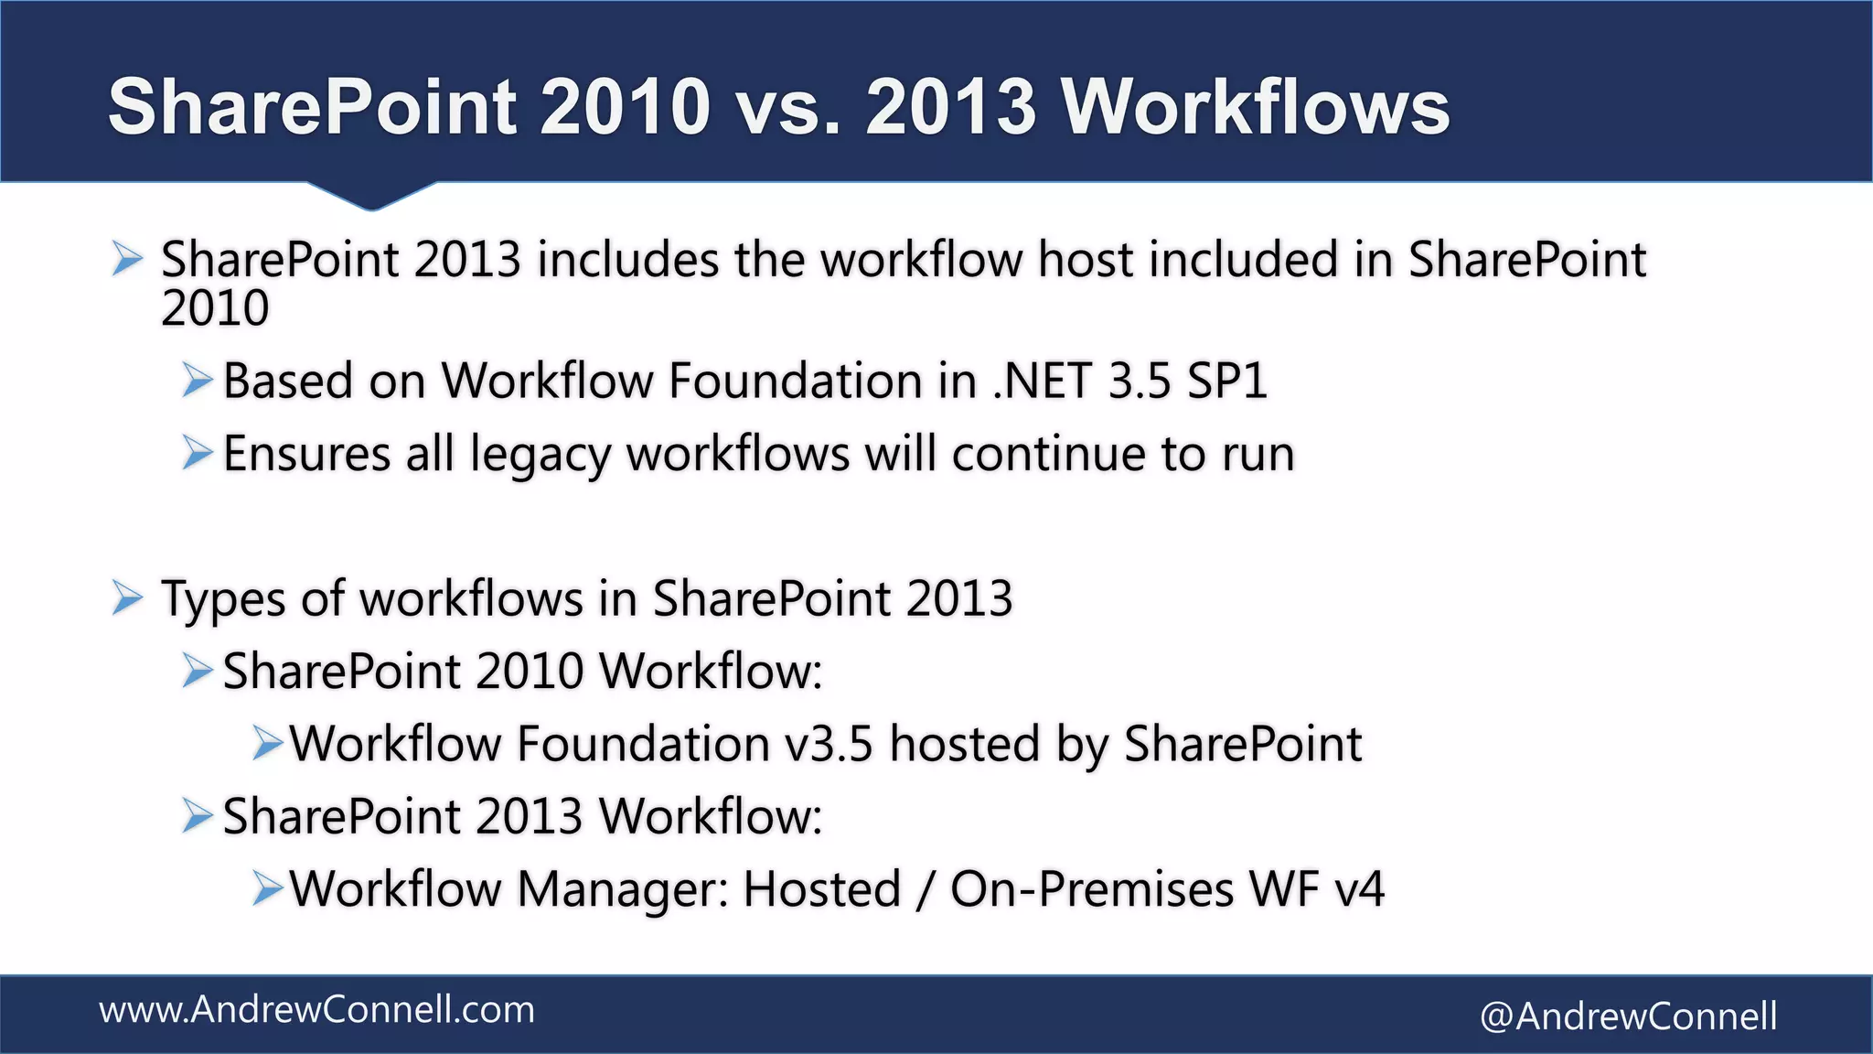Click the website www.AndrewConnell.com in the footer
point(316,1010)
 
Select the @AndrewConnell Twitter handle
point(1628,1016)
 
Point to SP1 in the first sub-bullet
point(1226,381)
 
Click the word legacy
point(539,455)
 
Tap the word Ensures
point(306,454)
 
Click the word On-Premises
point(1092,888)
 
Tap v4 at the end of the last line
point(1359,888)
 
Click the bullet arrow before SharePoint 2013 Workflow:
point(197,815)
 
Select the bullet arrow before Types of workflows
point(127,599)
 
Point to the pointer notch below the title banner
point(370,196)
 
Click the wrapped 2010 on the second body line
point(215,308)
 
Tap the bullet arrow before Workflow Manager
point(267,888)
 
